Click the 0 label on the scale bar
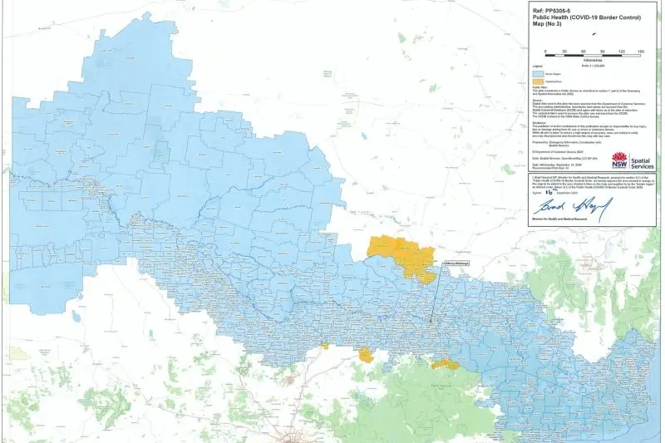click(x=545, y=52)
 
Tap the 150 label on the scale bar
click(x=640, y=52)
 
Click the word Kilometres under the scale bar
click(x=593, y=60)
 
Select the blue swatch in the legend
click(x=537, y=74)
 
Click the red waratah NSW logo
click(x=618, y=159)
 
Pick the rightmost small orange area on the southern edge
click(x=445, y=363)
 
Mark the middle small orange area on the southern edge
click(x=366, y=356)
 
